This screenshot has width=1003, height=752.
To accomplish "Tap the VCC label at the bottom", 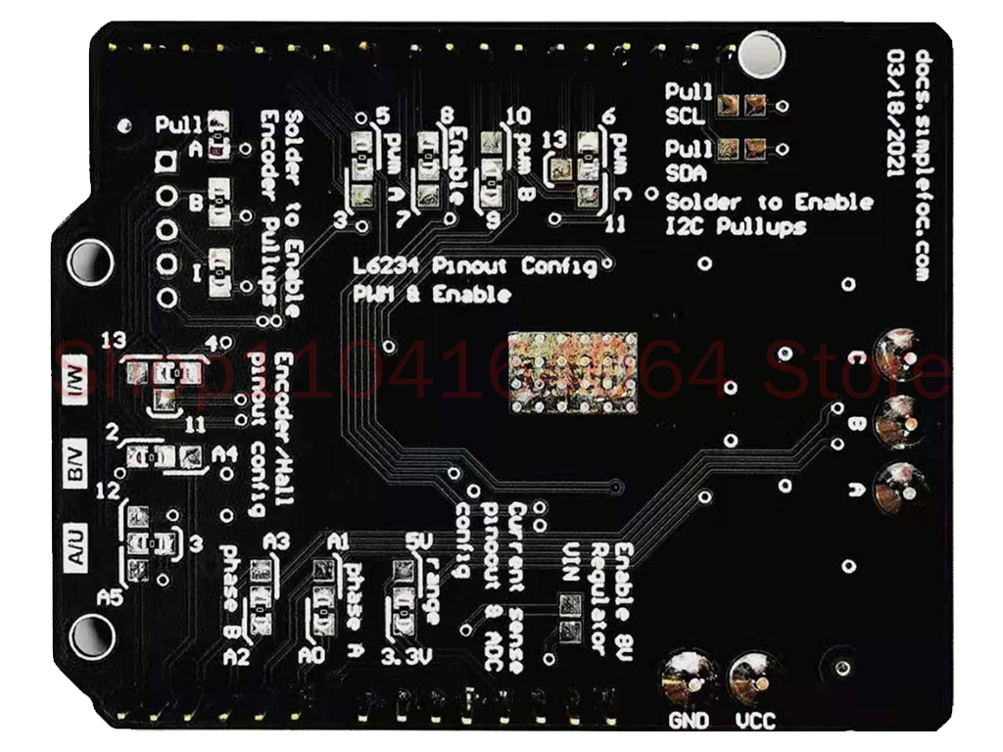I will tap(754, 722).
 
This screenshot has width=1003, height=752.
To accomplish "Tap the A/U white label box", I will tap(78, 544).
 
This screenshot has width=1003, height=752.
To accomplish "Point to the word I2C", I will tap(689, 227).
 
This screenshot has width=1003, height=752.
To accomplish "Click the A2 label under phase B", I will tap(237, 658).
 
